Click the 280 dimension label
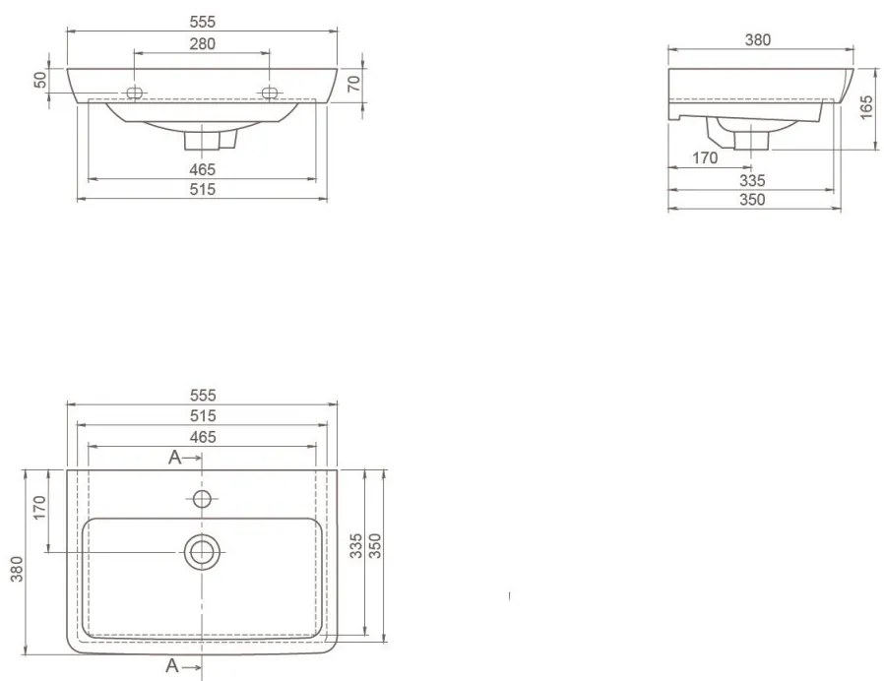203,43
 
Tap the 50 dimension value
41,80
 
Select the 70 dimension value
353,84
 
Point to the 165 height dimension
866,107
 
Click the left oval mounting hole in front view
135,93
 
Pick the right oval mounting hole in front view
270,93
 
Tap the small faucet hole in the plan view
202,499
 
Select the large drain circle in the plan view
202,552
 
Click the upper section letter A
175,458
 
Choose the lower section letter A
172,666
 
